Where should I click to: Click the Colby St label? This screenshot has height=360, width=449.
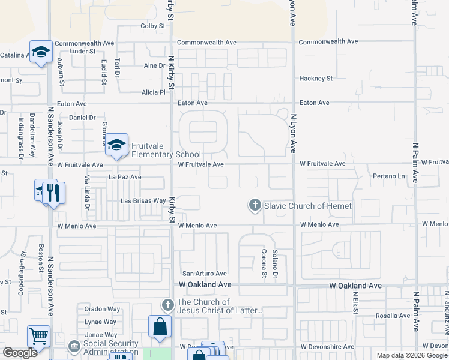click(152, 26)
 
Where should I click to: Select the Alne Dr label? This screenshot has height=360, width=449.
click(154, 65)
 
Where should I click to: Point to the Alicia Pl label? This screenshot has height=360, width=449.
click(153, 92)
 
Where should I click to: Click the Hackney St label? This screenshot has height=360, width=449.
click(316, 79)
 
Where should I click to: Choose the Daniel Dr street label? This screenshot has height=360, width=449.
click(82, 118)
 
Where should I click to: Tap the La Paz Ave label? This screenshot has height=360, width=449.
click(125, 177)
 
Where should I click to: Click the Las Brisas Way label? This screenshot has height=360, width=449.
click(143, 201)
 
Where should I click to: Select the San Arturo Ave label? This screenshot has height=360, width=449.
click(205, 274)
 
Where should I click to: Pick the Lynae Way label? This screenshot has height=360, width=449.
click(101, 322)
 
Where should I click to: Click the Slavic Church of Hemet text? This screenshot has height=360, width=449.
click(308, 206)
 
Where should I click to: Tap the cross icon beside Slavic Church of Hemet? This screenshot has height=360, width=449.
click(255, 206)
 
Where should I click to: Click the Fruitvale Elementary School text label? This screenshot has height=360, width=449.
click(166, 150)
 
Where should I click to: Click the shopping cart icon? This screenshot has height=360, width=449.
click(39, 337)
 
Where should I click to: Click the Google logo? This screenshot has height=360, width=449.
click(20, 353)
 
